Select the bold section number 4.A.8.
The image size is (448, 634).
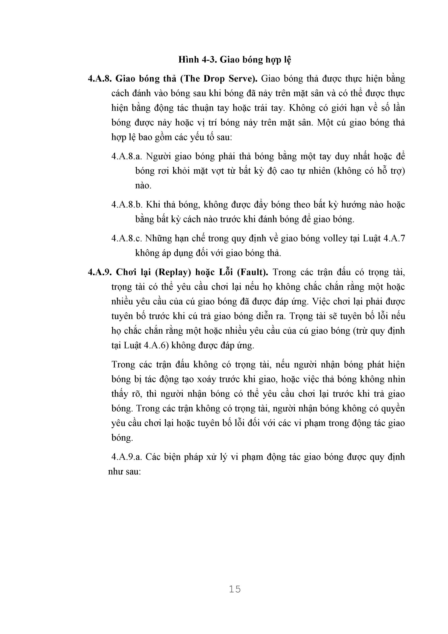click(100, 79)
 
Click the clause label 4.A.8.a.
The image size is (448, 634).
click(126, 157)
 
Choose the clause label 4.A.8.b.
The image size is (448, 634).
click(127, 205)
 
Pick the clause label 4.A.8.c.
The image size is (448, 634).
click(126, 238)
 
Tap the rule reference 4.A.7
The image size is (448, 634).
click(394, 238)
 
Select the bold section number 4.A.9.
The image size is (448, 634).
click(100, 272)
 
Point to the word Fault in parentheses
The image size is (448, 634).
click(252, 272)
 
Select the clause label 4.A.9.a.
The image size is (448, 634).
click(126, 457)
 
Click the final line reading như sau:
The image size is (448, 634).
click(124, 471)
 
